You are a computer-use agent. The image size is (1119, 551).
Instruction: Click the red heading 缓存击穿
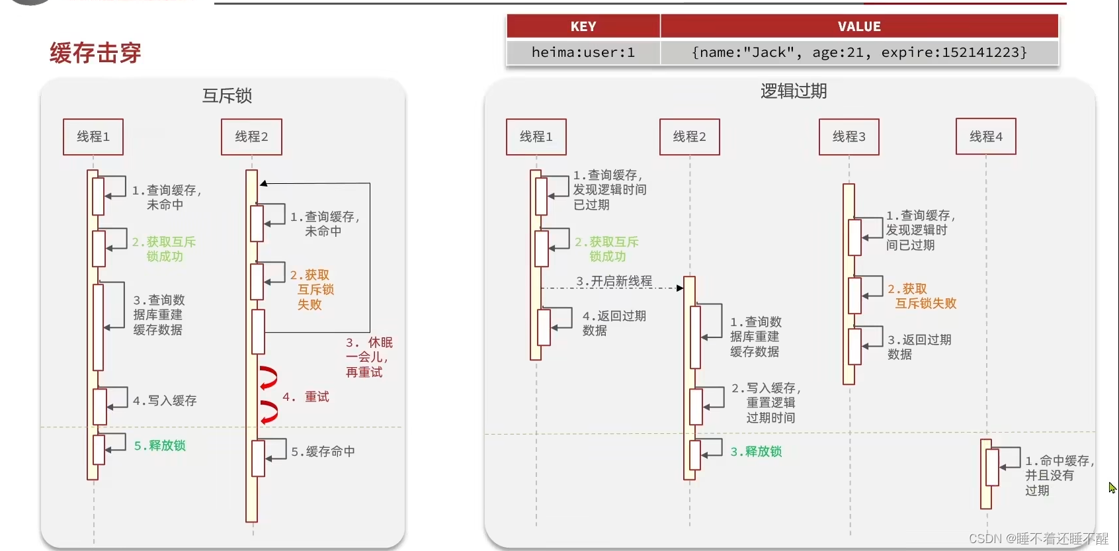(95, 53)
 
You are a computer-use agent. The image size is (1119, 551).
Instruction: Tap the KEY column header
(583, 26)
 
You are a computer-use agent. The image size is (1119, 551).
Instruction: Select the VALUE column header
(859, 26)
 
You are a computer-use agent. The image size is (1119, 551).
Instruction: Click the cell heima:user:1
(583, 52)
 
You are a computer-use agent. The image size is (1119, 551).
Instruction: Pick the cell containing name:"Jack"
(859, 52)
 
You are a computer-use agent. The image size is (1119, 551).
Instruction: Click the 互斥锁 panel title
(227, 96)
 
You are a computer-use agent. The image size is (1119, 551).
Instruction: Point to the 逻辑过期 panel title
(794, 91)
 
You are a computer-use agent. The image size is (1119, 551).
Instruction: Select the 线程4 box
(985, 137)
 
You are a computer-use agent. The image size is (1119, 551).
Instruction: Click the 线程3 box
(849, 137)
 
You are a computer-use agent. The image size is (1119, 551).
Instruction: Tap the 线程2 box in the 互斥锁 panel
(251, 137)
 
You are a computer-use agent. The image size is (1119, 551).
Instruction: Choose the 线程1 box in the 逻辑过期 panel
(536, 137)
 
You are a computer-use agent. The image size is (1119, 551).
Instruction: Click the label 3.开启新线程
(614, 281)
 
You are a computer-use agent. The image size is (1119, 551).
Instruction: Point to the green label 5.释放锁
(160, 445)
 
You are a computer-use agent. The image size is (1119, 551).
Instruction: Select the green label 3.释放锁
(756, 451)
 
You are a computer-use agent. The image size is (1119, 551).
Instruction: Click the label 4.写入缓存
(165, 400)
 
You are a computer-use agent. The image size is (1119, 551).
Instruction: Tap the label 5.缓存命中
(323, 451)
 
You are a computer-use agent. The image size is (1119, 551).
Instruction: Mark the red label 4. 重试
(306, 397)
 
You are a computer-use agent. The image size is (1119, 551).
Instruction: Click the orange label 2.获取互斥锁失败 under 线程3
(922, 296)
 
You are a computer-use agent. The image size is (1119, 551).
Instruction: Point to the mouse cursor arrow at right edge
(1112, 487)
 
